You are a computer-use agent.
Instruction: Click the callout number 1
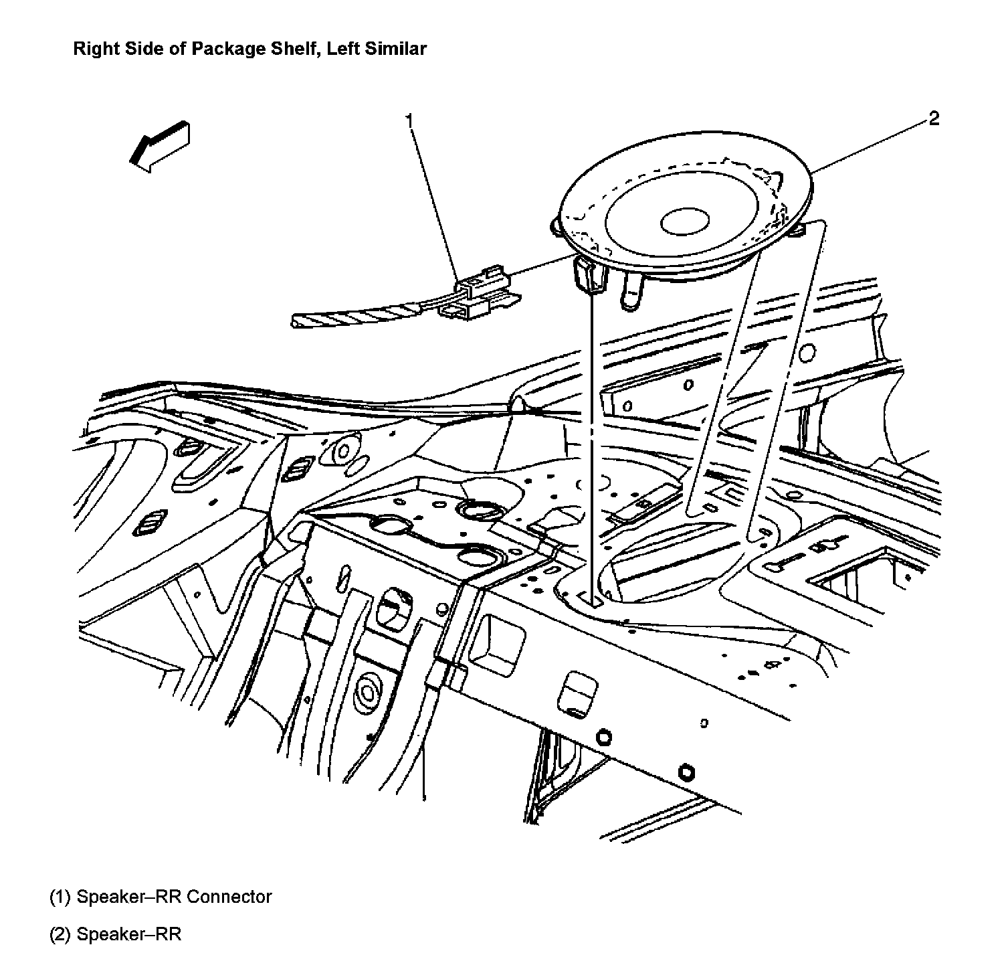click(409, 120)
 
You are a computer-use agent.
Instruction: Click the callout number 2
click(934, 119)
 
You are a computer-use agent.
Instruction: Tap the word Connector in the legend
click(229, 897)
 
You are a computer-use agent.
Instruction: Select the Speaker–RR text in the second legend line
click(129, 934)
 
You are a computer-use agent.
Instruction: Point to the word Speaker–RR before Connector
click(129, 897)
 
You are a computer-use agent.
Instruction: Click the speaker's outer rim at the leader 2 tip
click(811, 175)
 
